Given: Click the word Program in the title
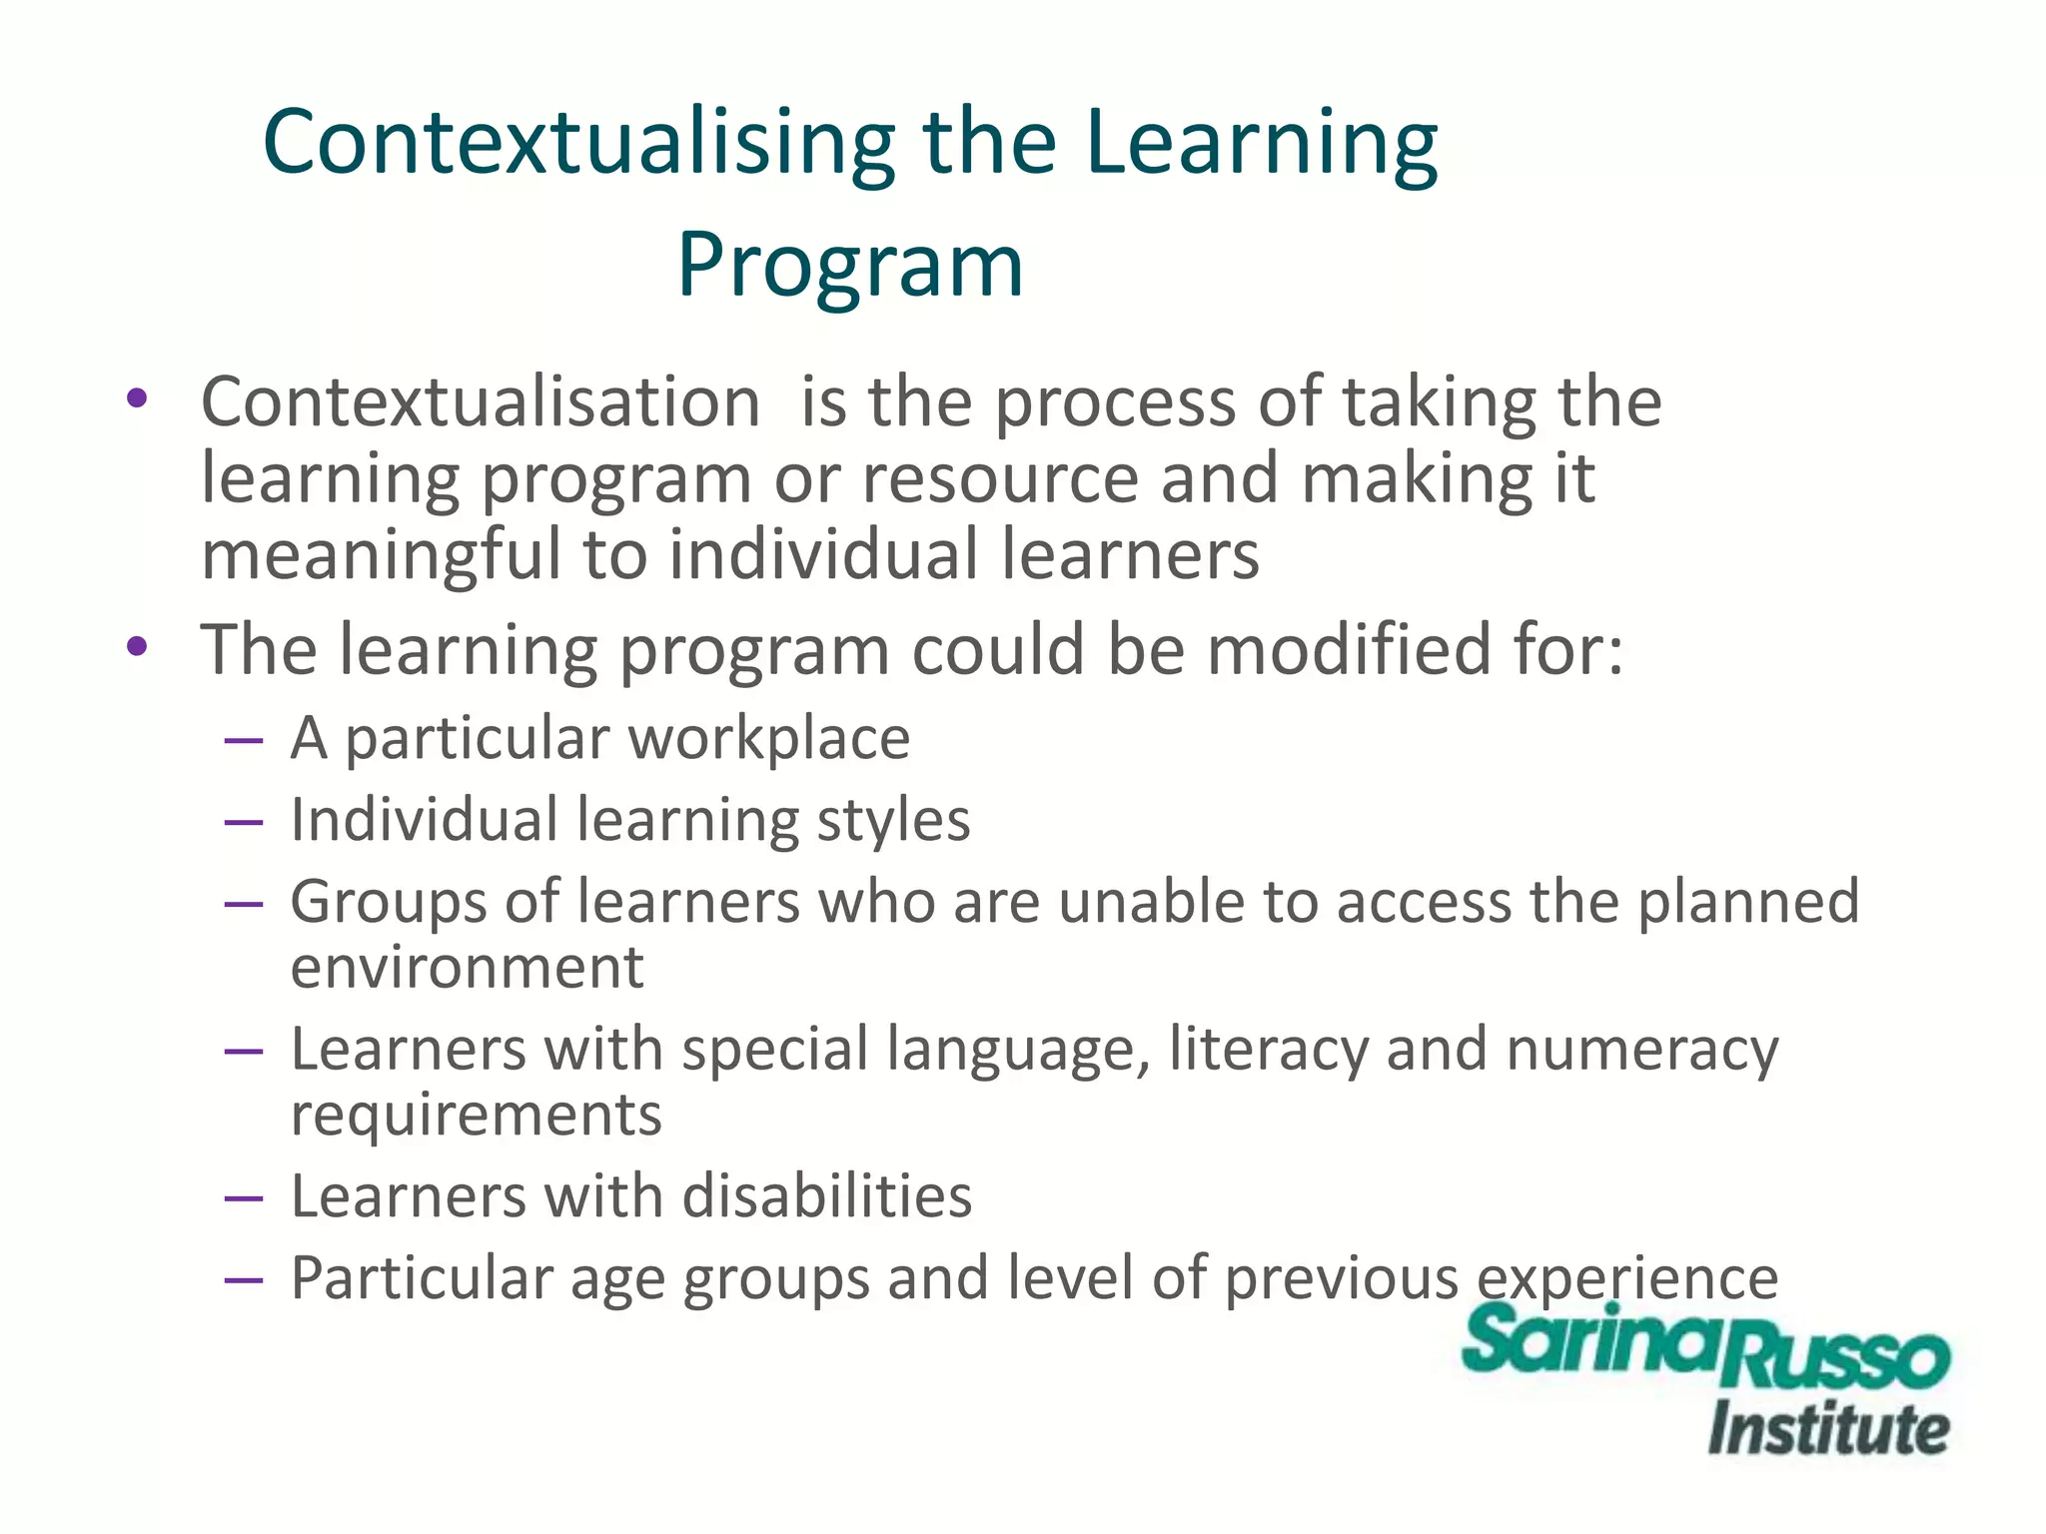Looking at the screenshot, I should point(850,266).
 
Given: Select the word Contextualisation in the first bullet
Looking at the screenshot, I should point(481,402).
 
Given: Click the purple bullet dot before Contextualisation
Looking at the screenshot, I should point(137,399).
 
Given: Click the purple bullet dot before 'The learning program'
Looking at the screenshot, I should point(137,647).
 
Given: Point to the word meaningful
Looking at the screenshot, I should point(381,555).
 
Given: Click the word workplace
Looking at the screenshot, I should point(769,739).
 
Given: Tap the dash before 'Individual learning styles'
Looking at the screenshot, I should point(244,823).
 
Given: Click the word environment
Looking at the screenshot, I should point(467,968).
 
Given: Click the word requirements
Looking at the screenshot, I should point(476,1116).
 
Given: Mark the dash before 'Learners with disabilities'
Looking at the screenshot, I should point(244,1197).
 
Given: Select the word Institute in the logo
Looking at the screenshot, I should point(1828,1429).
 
